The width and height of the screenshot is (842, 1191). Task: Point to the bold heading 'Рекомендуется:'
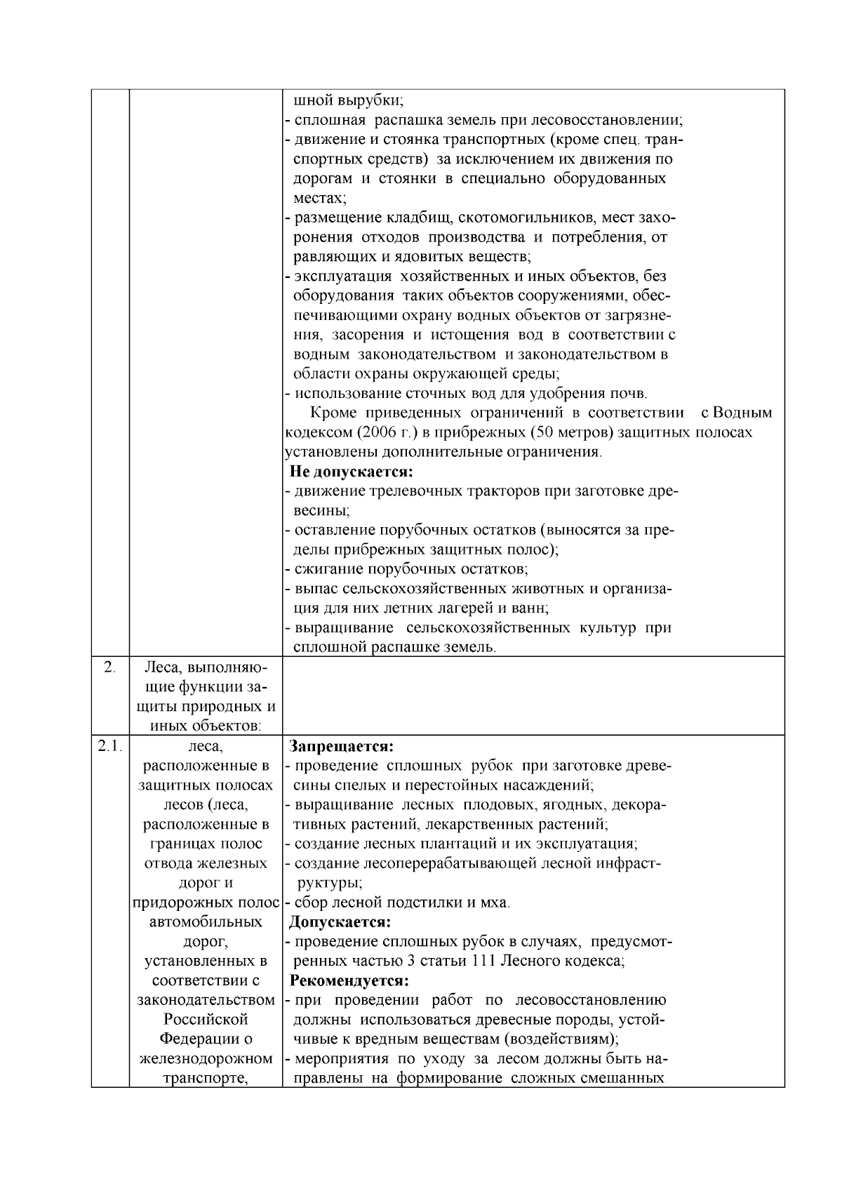(x=349, y=980)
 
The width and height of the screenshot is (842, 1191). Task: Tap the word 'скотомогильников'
(x=481, y=217)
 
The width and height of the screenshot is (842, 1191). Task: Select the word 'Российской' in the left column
(x=206, y=1019)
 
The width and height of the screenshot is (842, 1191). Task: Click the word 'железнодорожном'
(x=206, y=1058)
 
